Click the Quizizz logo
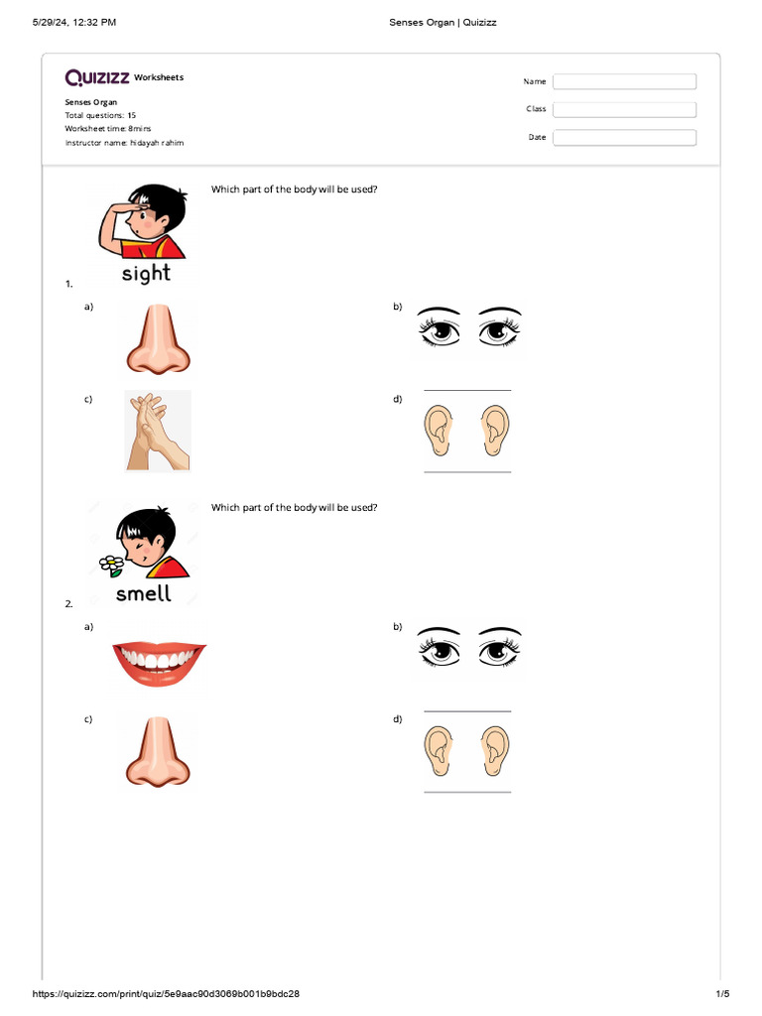point(96,77)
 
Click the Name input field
point(624,81)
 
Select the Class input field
point(624,109)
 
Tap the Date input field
point(624,138)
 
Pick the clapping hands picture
point(158,431)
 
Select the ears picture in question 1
point(467,430)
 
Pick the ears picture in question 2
point(467,751)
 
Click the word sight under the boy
point(146,273)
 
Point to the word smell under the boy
point(144,593)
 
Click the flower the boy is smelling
point(111,565)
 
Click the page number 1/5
point(722,993)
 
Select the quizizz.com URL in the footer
point(167,993)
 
